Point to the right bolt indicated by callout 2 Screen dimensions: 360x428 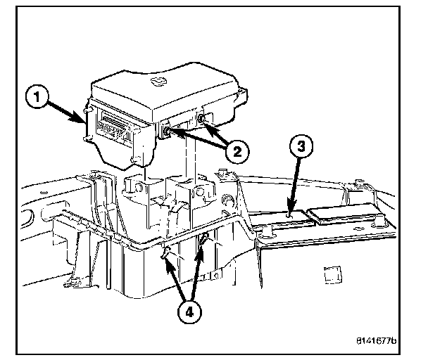tap(203, 121)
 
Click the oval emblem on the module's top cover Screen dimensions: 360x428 tap(159, 82)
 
